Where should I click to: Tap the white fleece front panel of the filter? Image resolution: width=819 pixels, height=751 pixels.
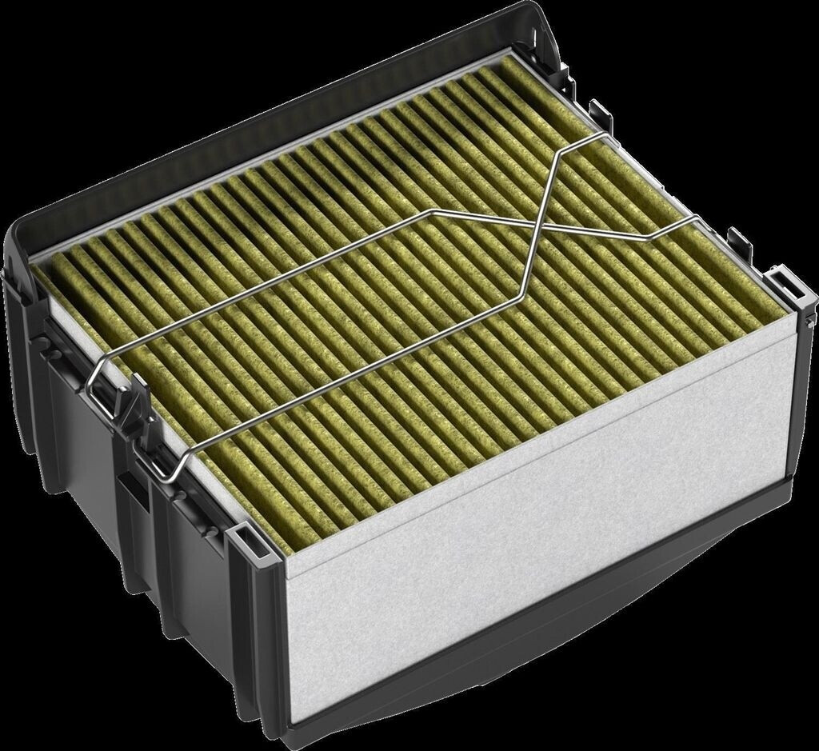coord(544,512)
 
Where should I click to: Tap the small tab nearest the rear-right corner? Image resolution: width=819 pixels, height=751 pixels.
coord(596,108)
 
